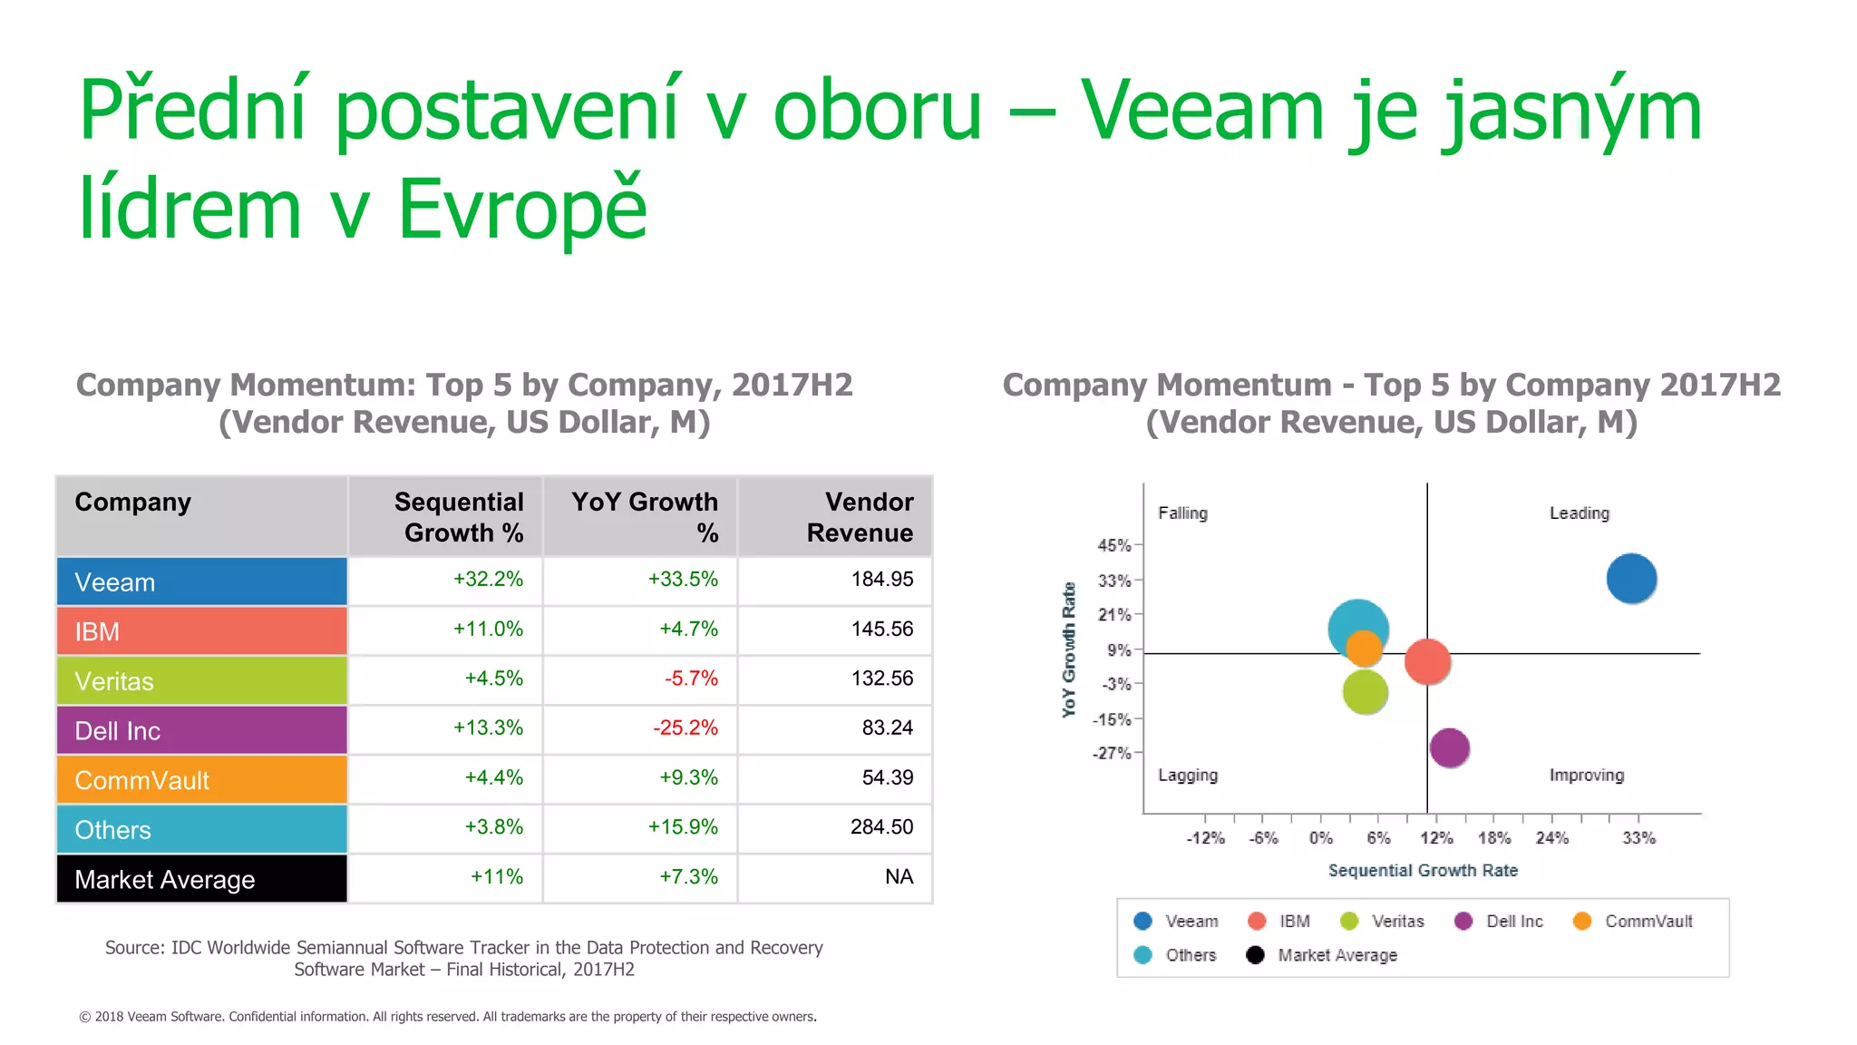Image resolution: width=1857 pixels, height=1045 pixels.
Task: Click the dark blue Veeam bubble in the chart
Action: coord(1631,579)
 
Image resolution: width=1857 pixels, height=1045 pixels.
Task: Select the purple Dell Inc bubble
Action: coord(1449,748)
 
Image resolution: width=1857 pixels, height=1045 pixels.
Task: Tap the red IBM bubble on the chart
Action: coord(1427,661)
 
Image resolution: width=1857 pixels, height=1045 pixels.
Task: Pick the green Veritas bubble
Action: coord(1365,693)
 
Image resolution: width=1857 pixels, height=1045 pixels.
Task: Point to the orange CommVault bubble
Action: coord(1364,648)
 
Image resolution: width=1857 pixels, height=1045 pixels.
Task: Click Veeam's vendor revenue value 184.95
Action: coord(881,580)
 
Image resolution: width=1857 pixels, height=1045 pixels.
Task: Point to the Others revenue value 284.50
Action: coord(881,827)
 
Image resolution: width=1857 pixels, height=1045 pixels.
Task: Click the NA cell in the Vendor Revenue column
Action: coord(899,877)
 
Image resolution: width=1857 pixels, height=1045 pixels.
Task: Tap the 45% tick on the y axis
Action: coord(1114,545)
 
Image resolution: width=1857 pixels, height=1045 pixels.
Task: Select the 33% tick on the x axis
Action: coord(1638,838)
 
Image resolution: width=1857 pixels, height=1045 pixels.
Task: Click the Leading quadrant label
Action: coord(1579,513)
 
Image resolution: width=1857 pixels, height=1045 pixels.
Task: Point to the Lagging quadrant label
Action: coord(1187,776)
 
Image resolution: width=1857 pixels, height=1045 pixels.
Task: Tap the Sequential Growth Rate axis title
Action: coord(1423,871)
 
